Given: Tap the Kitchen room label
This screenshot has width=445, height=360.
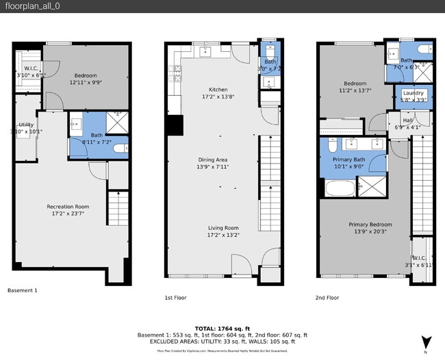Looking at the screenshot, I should coord(218,90).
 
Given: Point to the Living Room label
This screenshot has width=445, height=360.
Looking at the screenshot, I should coord(223,228).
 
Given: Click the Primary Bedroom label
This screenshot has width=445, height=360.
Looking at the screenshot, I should coord(370,224).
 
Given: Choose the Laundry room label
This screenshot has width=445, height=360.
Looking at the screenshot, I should coord(414,93).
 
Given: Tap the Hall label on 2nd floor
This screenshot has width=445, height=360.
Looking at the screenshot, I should coord(407,120).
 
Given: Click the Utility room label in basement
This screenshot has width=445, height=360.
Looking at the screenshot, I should coord(26,124).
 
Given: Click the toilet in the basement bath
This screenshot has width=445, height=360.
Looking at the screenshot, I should coord(120,148).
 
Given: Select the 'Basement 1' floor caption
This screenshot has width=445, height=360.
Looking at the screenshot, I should coord(22,290).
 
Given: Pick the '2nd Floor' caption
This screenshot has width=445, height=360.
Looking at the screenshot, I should coord(327,298).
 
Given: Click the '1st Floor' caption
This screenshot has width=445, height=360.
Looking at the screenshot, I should coord(177,298).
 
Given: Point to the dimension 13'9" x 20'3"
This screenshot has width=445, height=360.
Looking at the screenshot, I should coord(370,232).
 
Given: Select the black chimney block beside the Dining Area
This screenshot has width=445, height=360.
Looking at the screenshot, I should coord(175,125).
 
